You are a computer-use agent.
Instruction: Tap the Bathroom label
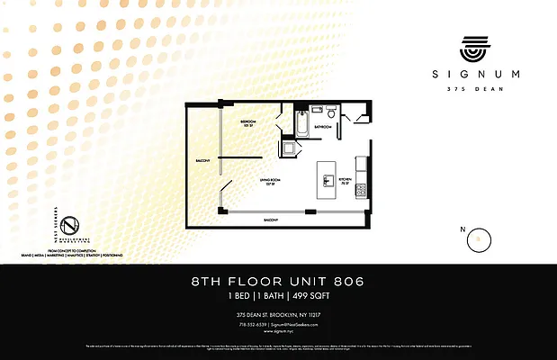pos(322,127)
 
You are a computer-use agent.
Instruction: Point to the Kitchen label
pos(344,180)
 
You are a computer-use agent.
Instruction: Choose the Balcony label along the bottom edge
pos(270,220)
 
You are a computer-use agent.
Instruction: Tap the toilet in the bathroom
pos(331,113)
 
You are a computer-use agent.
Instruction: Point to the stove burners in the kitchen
pos(361,190)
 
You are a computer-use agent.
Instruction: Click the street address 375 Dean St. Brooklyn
pos(278,314)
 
